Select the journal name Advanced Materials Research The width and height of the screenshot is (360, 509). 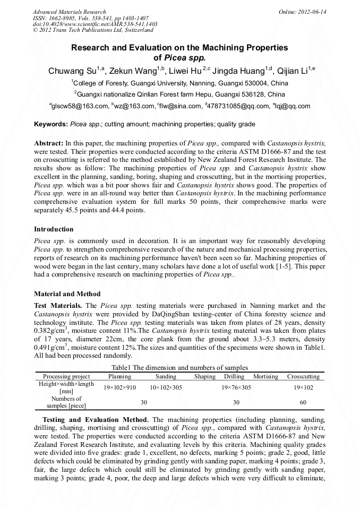click(x=69, y=12)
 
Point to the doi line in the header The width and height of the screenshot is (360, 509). click(x=95, y=24)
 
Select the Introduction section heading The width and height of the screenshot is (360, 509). click(x=54, y=229)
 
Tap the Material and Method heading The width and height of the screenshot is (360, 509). click(x=67, y=294)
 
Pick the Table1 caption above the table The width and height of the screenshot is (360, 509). click(x=179, y=368)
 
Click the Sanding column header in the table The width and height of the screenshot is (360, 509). click(x=166, y=376)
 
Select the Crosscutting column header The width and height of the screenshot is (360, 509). click(x=303, y=376)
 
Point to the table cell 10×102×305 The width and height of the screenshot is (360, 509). click(x=166, y=387)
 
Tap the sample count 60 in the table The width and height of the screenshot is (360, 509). click(x=303, y=403)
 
